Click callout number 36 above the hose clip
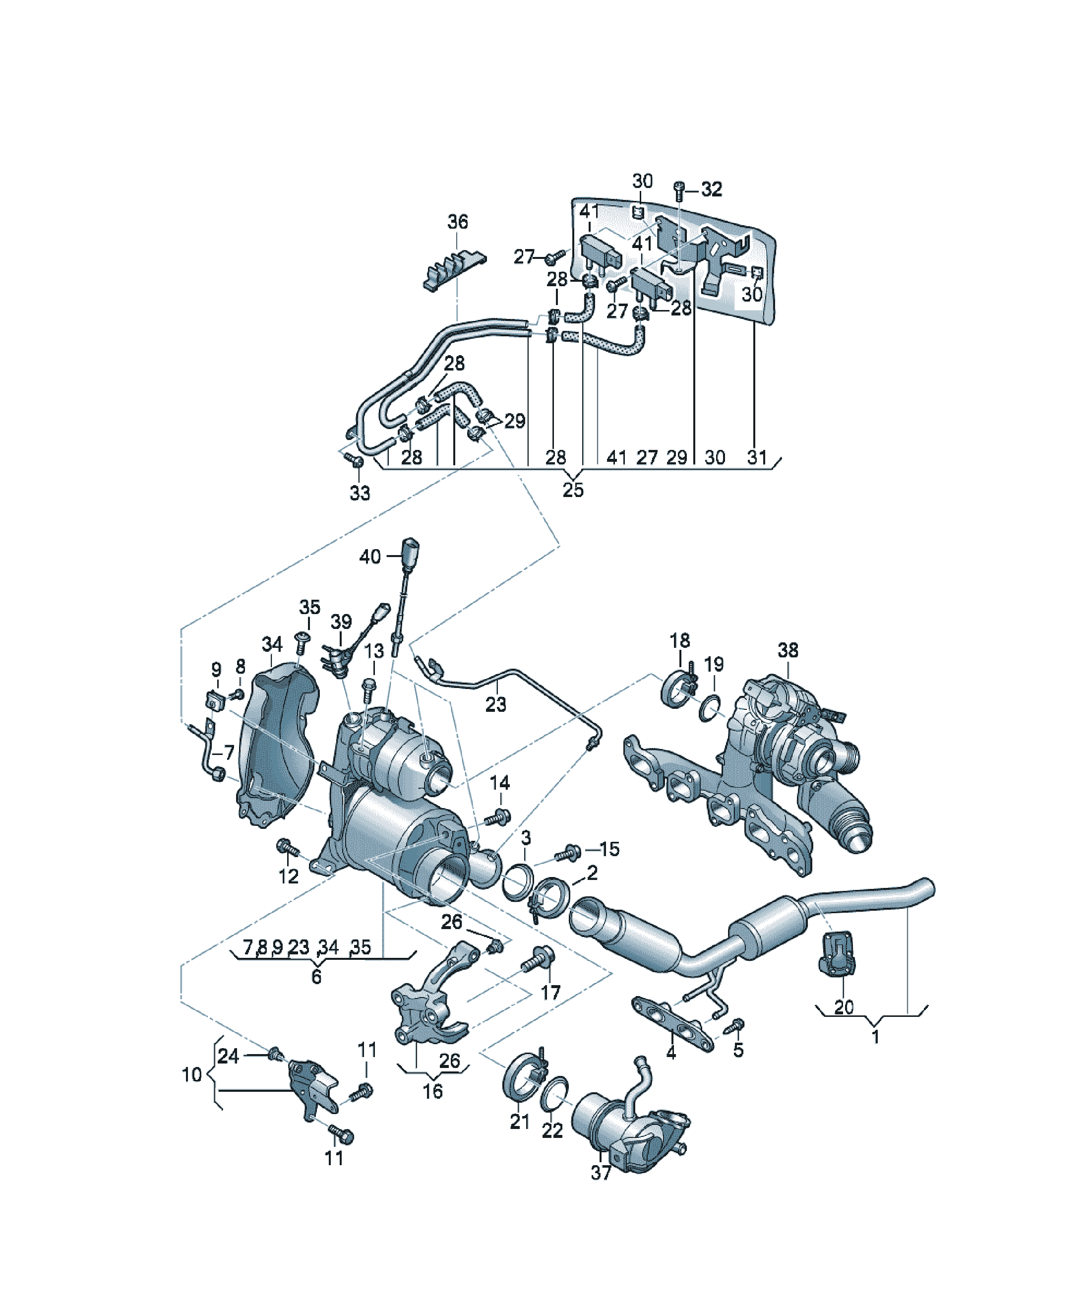[457, 221]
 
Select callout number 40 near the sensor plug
[369, 556]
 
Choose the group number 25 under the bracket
[572, 490]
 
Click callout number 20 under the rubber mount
[844, 1007]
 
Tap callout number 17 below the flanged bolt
[550, 992]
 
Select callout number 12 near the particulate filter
[288, 876]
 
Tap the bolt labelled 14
[498, 817]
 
